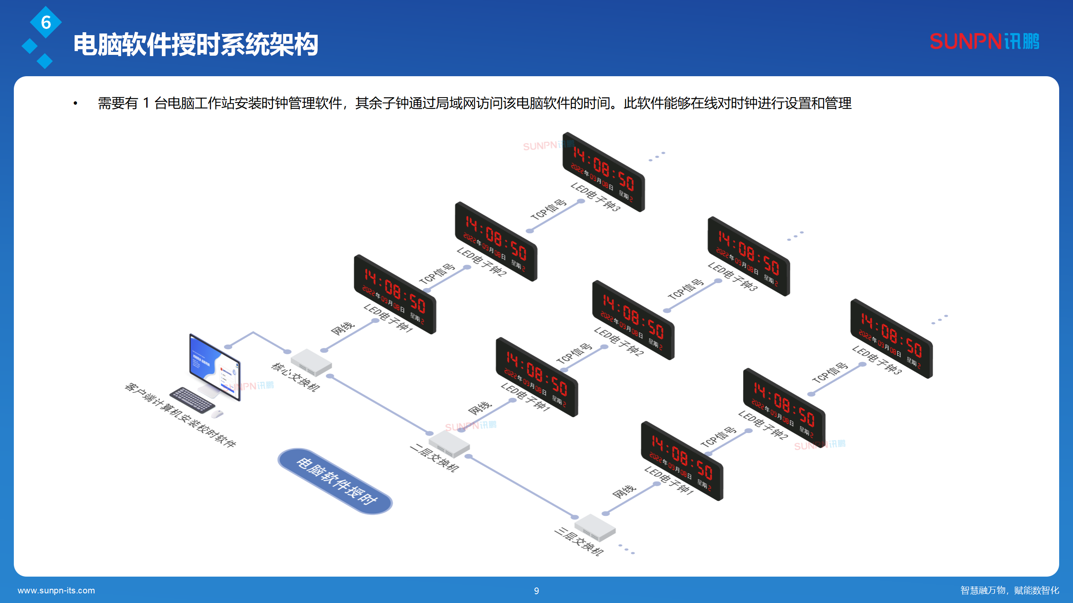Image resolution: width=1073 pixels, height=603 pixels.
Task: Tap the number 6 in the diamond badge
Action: (x=46, y=22)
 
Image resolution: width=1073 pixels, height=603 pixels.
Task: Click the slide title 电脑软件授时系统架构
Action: (x=196, y=44)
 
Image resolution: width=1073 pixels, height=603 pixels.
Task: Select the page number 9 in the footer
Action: (x=536, y=591)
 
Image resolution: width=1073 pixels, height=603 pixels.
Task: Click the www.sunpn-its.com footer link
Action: (x=56, y=590)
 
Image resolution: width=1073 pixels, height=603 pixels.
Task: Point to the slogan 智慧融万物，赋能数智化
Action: (x=1010, y=590)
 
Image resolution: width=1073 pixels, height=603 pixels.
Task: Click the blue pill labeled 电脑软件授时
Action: (x=335, y=481)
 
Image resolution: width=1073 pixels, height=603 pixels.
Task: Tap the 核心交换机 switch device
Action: (x=311, y=362)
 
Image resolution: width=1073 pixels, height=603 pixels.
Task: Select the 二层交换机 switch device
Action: (x=449, y=444)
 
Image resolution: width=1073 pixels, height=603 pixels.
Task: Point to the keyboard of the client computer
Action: (x=192, y=399)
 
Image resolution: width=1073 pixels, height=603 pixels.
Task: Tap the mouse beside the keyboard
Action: (x=217, y=414)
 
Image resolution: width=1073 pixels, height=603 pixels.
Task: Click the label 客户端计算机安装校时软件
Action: (x=181, y=415)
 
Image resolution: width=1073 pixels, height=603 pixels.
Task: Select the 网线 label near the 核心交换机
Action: (x=342, y=329)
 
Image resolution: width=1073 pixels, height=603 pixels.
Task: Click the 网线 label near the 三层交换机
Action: (x=624, y=492)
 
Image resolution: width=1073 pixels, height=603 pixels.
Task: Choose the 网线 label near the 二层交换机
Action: (x=479, y=408)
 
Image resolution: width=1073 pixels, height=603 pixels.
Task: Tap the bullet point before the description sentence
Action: (x=75, y=103)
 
